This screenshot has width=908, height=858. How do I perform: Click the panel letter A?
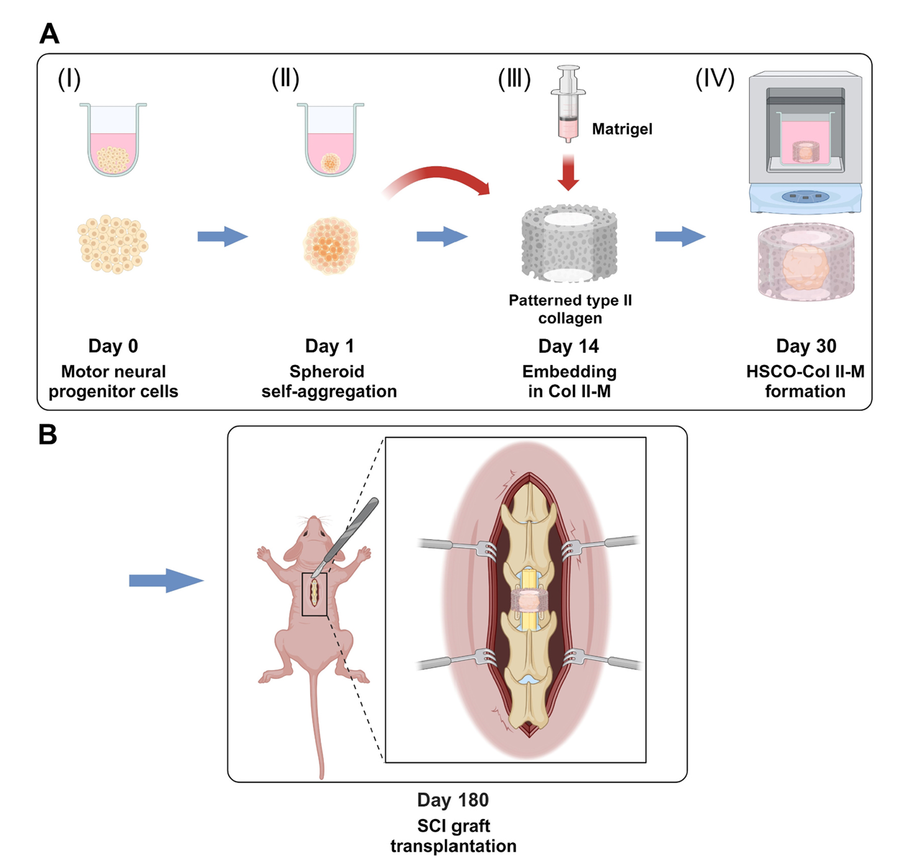coord(49,34)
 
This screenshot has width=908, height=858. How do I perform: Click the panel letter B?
coord(47,435)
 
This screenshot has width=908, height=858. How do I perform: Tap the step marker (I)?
coord(69,79)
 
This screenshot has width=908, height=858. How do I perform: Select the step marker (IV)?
coord(714,79)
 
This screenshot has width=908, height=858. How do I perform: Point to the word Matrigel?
coord(622,130)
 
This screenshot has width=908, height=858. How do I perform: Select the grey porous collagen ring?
coord(569,245)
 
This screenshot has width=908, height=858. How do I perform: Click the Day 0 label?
coord(113,346)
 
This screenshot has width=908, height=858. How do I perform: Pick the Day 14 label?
coord(568,347)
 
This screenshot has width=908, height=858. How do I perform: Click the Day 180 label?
coord(453,800)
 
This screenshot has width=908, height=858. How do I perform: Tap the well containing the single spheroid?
coord(330,140)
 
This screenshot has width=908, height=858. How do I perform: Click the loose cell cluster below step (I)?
coord(112,244)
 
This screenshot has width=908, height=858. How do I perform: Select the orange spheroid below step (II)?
coord(331,245)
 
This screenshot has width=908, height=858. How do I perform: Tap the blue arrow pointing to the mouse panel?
coord(165,581)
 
